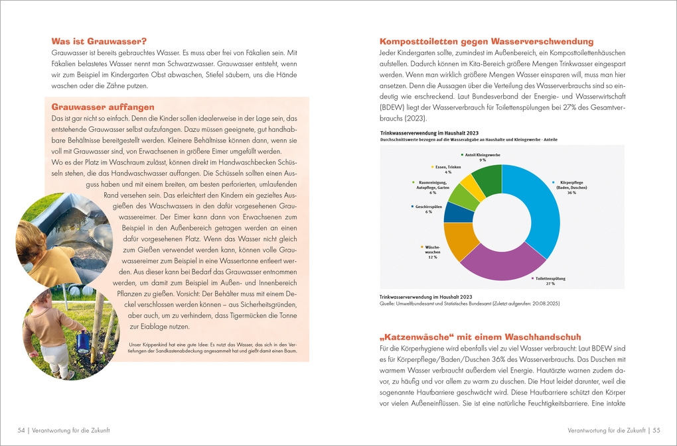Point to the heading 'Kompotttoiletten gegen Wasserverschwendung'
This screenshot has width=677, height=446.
point(486,40)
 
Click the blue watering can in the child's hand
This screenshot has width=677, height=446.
point(82,343)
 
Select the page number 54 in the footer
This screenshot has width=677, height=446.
point(21,430)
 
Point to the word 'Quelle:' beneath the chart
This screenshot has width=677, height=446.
point(388,304)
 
